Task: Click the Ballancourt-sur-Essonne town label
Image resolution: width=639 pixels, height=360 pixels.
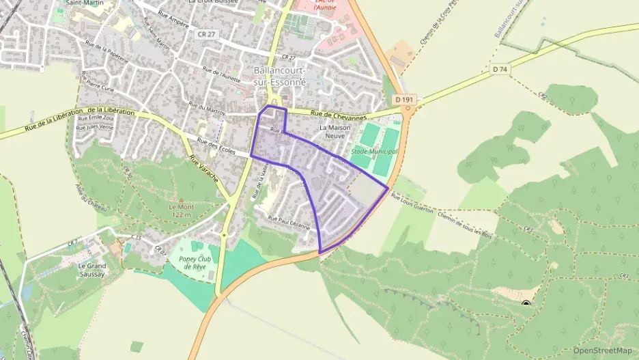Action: pos(279,76)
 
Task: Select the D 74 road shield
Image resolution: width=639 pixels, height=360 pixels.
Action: pos(500,69)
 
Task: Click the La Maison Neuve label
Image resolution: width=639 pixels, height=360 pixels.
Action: pos(335,131)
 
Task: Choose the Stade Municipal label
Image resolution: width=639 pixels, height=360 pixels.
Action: pos(373,151)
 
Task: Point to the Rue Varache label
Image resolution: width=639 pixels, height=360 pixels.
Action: pos(203,171)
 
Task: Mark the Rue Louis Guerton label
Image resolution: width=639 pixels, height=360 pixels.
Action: pos(412,203)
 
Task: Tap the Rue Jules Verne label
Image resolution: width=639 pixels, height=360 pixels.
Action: pos(95,127)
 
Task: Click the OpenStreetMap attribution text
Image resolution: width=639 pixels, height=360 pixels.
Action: pos(602,350)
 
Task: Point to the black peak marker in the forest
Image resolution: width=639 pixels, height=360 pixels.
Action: pos(526,303)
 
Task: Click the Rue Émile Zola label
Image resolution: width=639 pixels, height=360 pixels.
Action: pos(95,117)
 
